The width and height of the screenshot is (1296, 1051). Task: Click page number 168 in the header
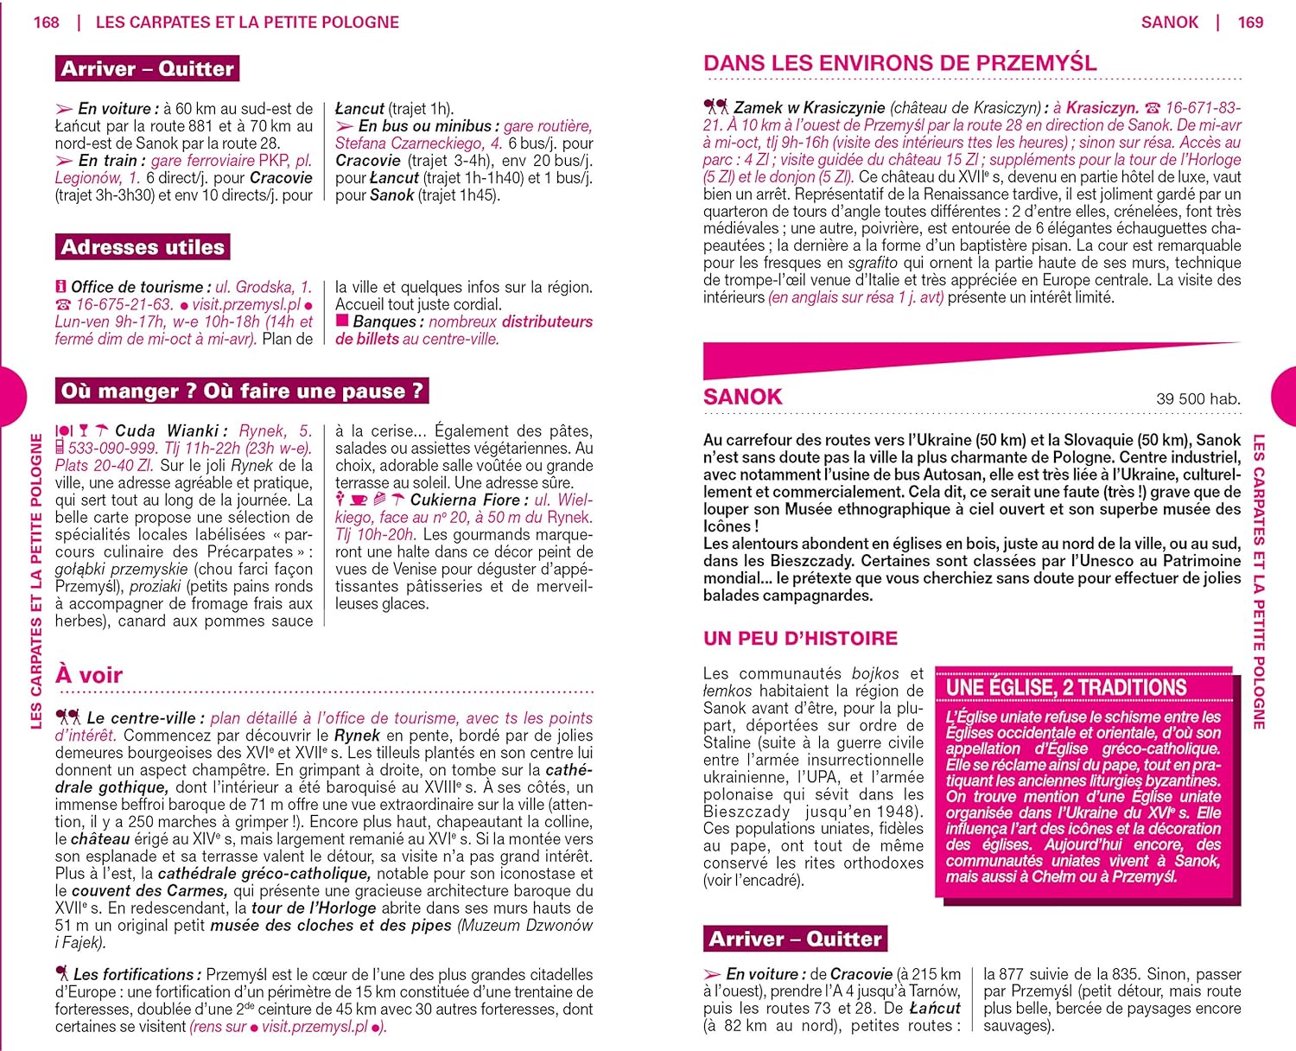coord(46,22)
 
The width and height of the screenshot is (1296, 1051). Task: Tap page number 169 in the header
coord(1250,22)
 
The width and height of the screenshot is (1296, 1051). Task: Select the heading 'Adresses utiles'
coord(143,247)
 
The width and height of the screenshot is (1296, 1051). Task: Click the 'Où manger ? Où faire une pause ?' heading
coord(242,391)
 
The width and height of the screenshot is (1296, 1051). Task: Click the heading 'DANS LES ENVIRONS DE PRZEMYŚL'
coord(899,63)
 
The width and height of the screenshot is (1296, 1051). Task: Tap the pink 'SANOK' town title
coord(742,397)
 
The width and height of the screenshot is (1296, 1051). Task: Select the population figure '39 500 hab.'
coord(1198,398)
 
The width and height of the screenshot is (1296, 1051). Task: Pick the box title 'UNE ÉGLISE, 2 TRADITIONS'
coord(1066,688)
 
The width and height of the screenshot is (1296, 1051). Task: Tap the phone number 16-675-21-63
coord(124,304)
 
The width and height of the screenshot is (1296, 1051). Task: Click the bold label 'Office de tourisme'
coord(137,287)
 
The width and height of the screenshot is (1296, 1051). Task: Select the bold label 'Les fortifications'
coord(137,974)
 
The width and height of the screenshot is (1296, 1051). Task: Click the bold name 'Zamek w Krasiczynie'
coord(809,108)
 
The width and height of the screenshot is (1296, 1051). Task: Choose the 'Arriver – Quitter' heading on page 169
coord(795,939)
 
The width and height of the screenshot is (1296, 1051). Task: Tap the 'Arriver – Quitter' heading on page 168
coord(147,68)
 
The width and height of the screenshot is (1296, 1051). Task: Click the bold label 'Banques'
coord(384,322)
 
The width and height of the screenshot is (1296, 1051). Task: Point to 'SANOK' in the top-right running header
coord(1169,22)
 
